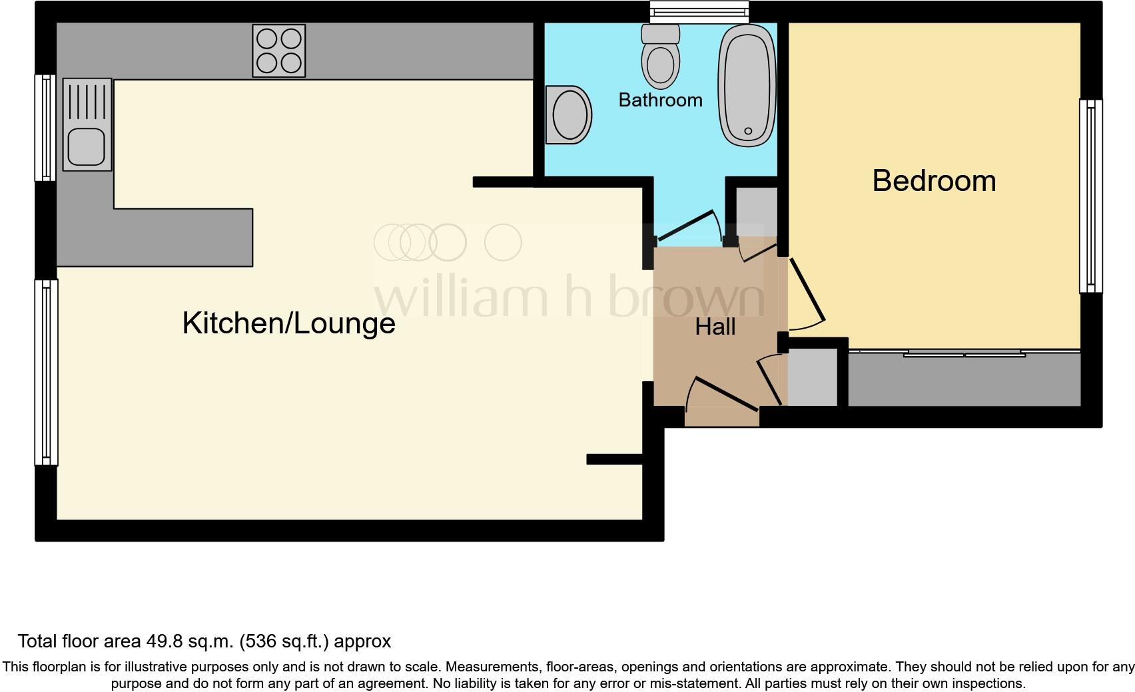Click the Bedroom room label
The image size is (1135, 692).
click(934, 181)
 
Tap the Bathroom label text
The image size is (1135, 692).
click(660, 100)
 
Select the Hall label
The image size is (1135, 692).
click(715, 327)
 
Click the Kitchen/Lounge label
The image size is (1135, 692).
click(288, 323)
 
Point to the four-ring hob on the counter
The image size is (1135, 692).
click(279, 51)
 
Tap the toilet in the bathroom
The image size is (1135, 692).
click(661, 58)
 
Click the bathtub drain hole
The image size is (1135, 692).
click(748, 132)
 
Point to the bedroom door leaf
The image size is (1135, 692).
click(807, 290)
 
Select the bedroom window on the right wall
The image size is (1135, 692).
click(1090, 196)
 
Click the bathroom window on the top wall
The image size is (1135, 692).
click(699, 11)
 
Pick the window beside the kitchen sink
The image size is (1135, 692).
click(45, 127)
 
